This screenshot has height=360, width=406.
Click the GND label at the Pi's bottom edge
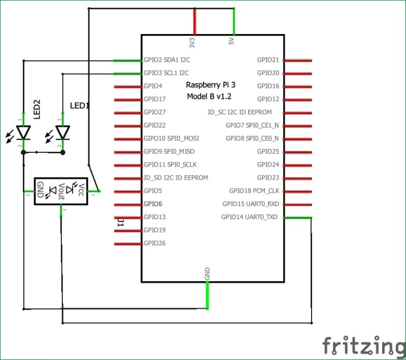click(x=207, y=274)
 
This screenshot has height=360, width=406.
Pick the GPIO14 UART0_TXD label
click(x=250, y=217)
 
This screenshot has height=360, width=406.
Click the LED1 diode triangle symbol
click(x=62, y=133)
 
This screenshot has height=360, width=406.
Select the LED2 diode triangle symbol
click(x=23, y=133)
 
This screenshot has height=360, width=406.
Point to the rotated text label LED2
click(x=37, y=109)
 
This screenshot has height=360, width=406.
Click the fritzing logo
click(x=361, y=346)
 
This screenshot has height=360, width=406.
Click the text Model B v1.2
click(x=209, y=96)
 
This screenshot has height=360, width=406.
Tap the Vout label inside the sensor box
click(x=61, y=191)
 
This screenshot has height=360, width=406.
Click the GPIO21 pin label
click(x=268, y=60)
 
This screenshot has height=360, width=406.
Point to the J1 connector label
click(x=120, y=222)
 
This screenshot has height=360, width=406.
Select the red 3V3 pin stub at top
click(x=194, y=21)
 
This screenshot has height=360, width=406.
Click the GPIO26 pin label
click(x=154, y=243)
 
